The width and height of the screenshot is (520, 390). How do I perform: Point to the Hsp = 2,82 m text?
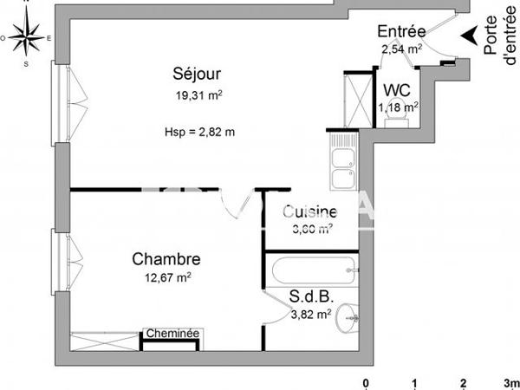(199, 132)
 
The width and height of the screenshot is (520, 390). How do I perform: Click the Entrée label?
(400, 33)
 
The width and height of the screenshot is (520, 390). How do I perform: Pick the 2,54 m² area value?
(401, 49)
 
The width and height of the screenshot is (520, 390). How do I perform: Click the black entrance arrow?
(467, 36)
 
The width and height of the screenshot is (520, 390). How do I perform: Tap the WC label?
(397, 88)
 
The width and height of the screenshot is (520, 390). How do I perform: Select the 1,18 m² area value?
(398, 107)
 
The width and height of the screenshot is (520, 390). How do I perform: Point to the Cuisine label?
(309, 211)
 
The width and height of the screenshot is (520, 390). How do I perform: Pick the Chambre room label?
(166, 258)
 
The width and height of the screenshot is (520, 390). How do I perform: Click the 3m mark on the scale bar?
(510, 382)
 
